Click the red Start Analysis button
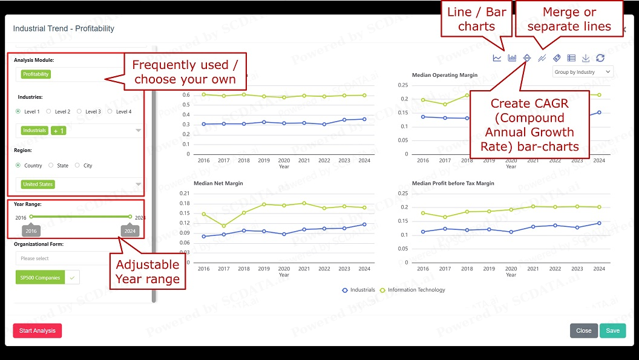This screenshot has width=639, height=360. pos(37,330)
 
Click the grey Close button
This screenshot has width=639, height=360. pos(583,330)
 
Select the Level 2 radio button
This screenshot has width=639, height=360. pos(51,111)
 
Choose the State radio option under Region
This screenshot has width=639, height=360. pos(51,165)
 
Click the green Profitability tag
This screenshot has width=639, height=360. pos(36,74)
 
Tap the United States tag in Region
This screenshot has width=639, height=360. pos(38,185)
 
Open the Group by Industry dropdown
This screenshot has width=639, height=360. pos(583,72)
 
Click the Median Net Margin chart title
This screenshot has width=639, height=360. pos(218,183)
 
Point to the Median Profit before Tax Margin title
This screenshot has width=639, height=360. pos(453,183)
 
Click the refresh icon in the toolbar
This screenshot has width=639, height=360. pos(600,58)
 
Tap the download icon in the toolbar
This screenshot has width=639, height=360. pos(586,58)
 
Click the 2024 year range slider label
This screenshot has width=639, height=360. pos(129,231)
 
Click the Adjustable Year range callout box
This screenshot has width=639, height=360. pos(147,272)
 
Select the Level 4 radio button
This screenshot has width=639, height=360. pos(110,111)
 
